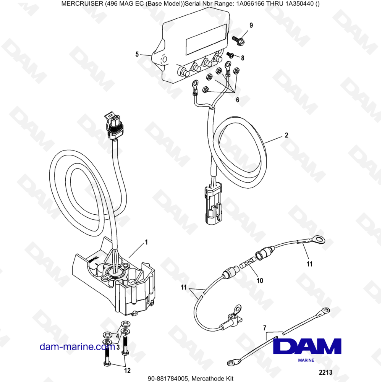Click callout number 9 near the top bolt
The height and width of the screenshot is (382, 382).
pos(251,25)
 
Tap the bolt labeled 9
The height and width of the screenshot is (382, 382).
pos(238,39)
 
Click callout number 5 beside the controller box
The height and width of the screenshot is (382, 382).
pos(137,54)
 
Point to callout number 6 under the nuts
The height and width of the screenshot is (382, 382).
pos(237,100)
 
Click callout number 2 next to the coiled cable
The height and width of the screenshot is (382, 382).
pos(286,135)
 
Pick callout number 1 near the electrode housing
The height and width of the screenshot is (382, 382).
pos(146,242)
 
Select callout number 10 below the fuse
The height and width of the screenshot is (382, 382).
pos(259,280)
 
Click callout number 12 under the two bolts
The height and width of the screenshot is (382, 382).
pos(127,370)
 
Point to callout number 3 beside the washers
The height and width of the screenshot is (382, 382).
pos(118,347)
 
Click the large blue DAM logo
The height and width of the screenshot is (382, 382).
pos(307,346)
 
